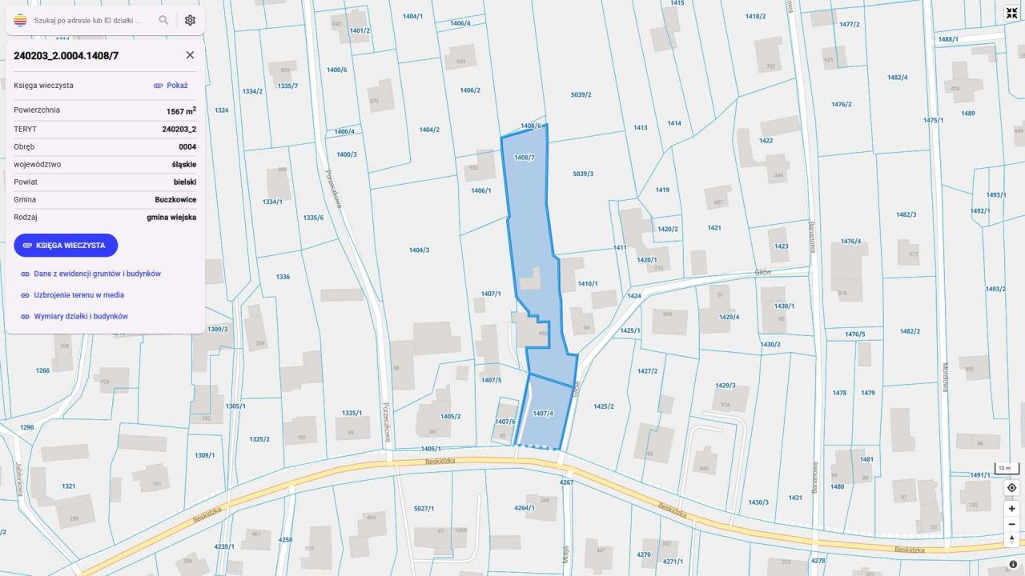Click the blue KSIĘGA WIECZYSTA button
[66, 246]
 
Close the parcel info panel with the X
[190, 55]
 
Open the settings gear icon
[190, 20]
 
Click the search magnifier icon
[163, 20]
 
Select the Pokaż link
[171, 86]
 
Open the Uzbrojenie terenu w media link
[78, 295]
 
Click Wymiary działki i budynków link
[80, 317]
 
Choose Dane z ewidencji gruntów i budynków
[97, 274]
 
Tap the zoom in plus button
[1011, 508]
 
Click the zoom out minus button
[1011, 524]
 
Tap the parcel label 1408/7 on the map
[524, 158]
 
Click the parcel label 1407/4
[543, 413]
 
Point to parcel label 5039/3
[583, 174]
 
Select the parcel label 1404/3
[419, 250]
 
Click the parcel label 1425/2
[603, 406]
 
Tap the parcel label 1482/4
[897, 78]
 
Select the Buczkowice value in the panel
[175, 200]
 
